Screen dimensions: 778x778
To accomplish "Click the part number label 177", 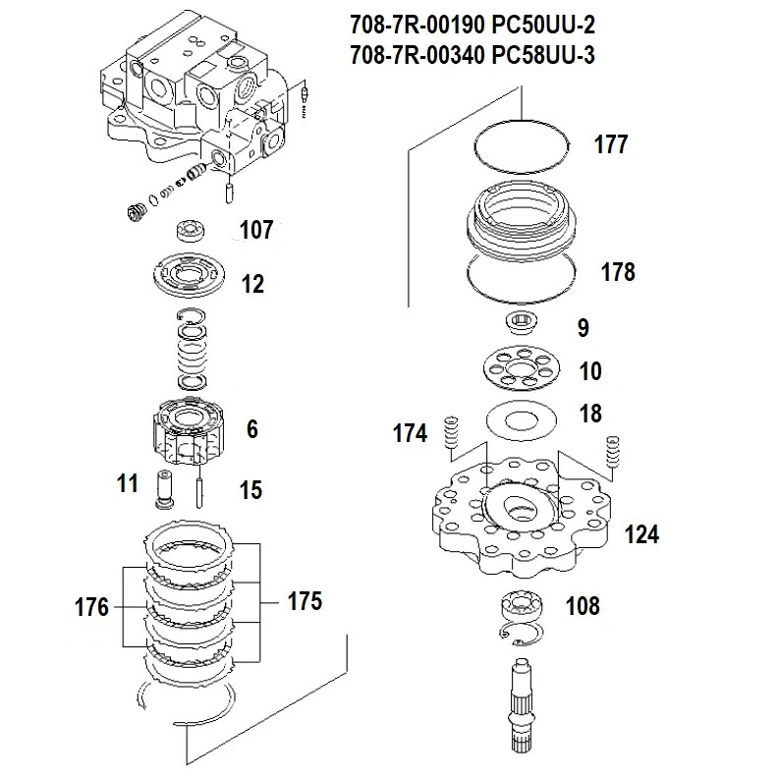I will pos(610,146).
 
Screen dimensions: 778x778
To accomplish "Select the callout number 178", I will pos(617,272).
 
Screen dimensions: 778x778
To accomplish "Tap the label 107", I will pos(256,231).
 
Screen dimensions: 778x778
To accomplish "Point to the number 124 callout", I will pos(641,534).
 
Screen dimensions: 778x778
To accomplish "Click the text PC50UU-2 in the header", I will pos(543,23).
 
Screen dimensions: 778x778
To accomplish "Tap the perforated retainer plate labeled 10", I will pos(526,370).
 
